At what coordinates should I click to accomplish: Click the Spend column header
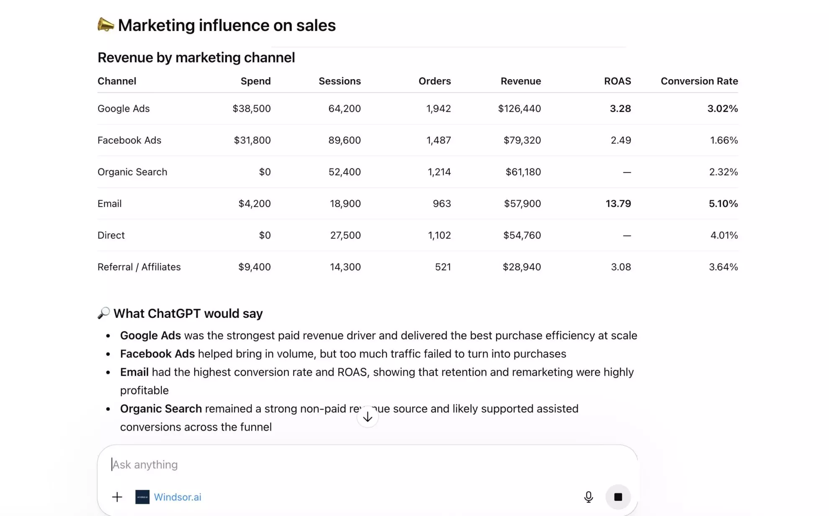point(255,81)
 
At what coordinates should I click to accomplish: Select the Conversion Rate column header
point(699,81)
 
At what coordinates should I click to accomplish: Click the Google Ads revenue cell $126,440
point(519,108)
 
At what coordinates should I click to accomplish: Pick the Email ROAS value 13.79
point(618,204)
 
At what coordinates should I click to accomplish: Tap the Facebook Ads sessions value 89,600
point(344,140)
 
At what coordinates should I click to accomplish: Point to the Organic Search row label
point(132,172)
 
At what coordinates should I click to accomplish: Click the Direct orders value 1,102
point(439,235)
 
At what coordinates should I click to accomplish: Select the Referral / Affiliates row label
point(139,267)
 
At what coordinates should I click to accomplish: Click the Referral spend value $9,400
point(254,267)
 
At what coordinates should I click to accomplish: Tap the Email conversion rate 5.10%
point(723,204)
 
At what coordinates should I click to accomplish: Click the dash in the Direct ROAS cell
point(626,236)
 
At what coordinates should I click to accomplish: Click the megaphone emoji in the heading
point(106,25)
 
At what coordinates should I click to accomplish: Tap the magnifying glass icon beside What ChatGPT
point(103,313)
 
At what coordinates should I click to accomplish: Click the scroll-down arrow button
point(368,417)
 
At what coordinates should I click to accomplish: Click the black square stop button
point(618,497)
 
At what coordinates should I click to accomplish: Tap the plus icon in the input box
point(117,497)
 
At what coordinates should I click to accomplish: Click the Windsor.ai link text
point(178,497)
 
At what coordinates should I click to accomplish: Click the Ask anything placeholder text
point(145,464)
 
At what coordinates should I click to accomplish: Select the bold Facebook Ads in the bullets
point(157,354)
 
